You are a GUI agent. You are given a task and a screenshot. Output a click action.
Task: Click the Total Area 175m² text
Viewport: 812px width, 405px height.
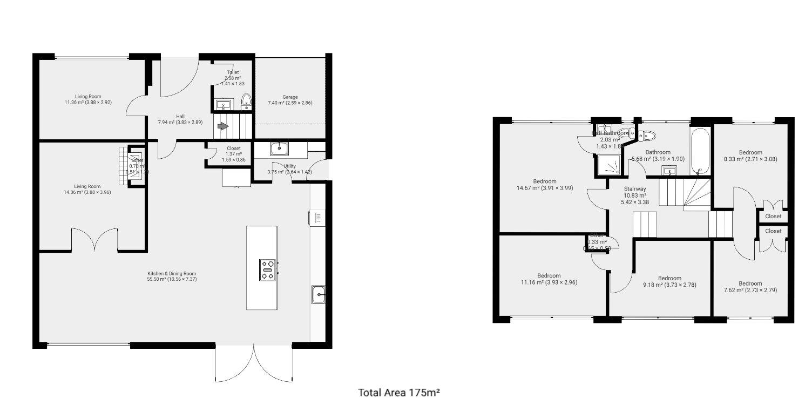pyautogui.click(x=399, y=393)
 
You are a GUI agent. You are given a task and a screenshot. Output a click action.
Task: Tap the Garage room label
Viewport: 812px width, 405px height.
pyautogui.click(x=290, y=100)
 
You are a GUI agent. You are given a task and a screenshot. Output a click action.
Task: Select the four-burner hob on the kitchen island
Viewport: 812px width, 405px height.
pyautogui.click(x=268, y=269)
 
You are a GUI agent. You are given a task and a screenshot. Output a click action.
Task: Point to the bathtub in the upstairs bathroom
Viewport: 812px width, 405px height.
pyautogui.click(x=700, y=151)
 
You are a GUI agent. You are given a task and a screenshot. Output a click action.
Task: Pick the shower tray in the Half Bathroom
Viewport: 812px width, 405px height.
pyautogui.click(x=608, y=165)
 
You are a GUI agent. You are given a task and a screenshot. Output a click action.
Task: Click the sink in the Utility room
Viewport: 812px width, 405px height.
pyautogui.click(x=280, y=148)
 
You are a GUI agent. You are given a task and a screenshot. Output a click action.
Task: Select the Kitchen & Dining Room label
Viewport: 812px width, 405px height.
pyautogui.click(x=172, y=276)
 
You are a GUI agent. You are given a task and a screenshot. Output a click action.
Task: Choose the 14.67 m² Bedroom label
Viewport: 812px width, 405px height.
pyautogui.click(x=545, y=185)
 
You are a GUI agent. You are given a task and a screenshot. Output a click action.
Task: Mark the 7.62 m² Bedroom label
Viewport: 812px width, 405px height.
pyautogui.click(x=750, y=287)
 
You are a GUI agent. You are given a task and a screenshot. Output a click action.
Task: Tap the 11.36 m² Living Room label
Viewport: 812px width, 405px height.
pyautogui.click(x=88, y=99)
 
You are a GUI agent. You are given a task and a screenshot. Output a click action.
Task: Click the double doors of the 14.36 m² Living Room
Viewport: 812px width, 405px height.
pyautogui.click(x=94, y=239)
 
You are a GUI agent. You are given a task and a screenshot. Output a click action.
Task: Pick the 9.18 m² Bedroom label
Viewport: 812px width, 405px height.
pyautogui.click(x=669, y=281)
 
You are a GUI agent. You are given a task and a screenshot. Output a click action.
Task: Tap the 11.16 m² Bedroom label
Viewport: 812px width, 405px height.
pyautogui.click(x=549, y=279)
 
